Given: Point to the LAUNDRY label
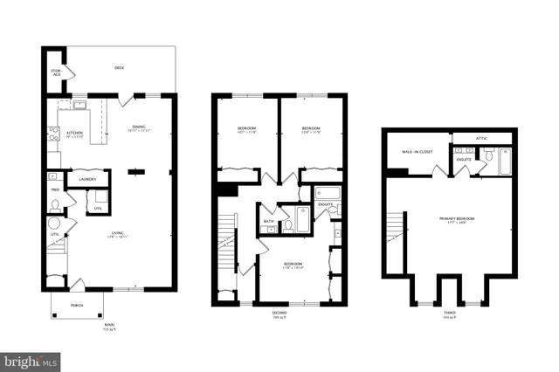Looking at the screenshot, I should (86, 179).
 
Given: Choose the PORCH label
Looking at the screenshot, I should (77, 305).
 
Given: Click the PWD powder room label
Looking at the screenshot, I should (54, 189).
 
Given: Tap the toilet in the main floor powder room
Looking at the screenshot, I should (55, 206).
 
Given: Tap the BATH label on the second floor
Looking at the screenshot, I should (270, 221).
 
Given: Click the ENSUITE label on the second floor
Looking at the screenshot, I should (326, 204).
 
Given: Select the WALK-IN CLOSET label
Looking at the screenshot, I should (418, 151).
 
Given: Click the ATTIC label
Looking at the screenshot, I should (481, 138).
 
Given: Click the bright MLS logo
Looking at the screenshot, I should (31, 359).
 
